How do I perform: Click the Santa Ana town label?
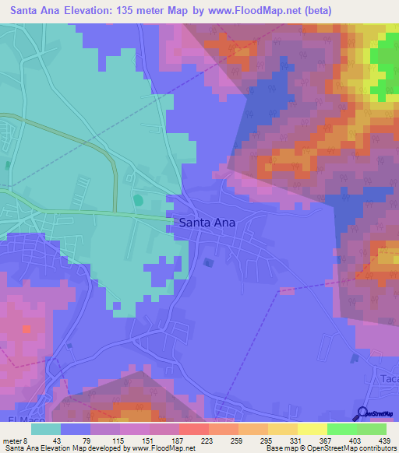coord(207,222)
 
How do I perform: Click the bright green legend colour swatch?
coord(342,428)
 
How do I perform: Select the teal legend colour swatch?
coord(45,428)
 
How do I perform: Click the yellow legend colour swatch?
coord(312,428)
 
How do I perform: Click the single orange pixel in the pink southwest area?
coord(26,329)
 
